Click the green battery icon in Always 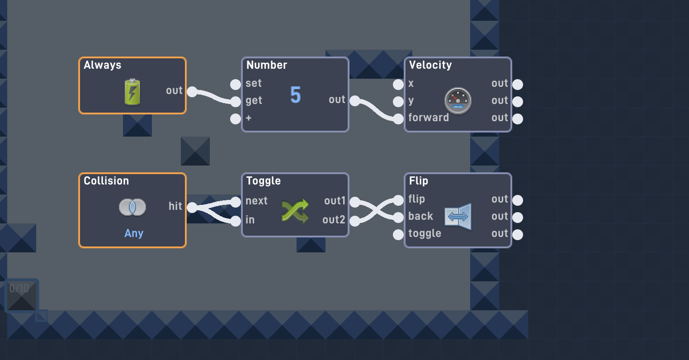coord(132,92)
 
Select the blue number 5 coord(295,95)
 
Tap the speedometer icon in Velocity coord(458,100)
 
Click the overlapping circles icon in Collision coord(132,207)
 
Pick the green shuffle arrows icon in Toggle coord(295,211)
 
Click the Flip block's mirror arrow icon coord(458,217)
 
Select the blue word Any coord(134,233)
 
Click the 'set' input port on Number coord(236,84)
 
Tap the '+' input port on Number coord(236,119)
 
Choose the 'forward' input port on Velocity coord(398,119)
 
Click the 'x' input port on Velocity coord(398,84)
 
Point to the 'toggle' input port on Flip coord(398,235)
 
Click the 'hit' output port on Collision coord(192,208)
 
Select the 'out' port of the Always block coord(192,92)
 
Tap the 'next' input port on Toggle coord(236,202)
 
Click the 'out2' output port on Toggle coord(355,221)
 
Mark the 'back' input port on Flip coord(398,218)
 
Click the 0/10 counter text coord(19,289)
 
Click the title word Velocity coord(430,65)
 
